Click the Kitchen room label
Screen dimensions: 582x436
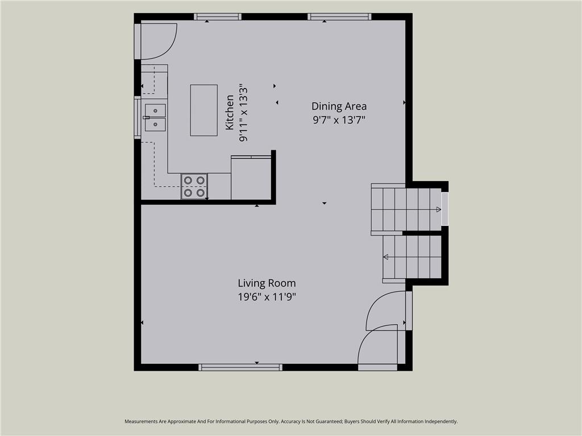[230, 112]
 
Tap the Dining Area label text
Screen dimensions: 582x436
[339, 106]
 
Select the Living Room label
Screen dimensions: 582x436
[267, 283]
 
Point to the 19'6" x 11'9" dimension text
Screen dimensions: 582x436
[267, 297]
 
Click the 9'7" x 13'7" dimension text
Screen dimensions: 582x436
[339, 120]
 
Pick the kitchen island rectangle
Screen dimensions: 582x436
[204, 110]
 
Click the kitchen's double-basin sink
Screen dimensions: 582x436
[155, 118]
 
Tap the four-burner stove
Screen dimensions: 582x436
[194, 186]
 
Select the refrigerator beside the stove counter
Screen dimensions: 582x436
[251, 178]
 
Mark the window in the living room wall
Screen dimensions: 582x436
[240, 367]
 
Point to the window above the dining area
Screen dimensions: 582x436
[339, 16]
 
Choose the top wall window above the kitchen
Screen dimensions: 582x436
[218, 16]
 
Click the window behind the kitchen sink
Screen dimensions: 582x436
[138, 117]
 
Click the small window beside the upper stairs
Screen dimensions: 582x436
[444, 208]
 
